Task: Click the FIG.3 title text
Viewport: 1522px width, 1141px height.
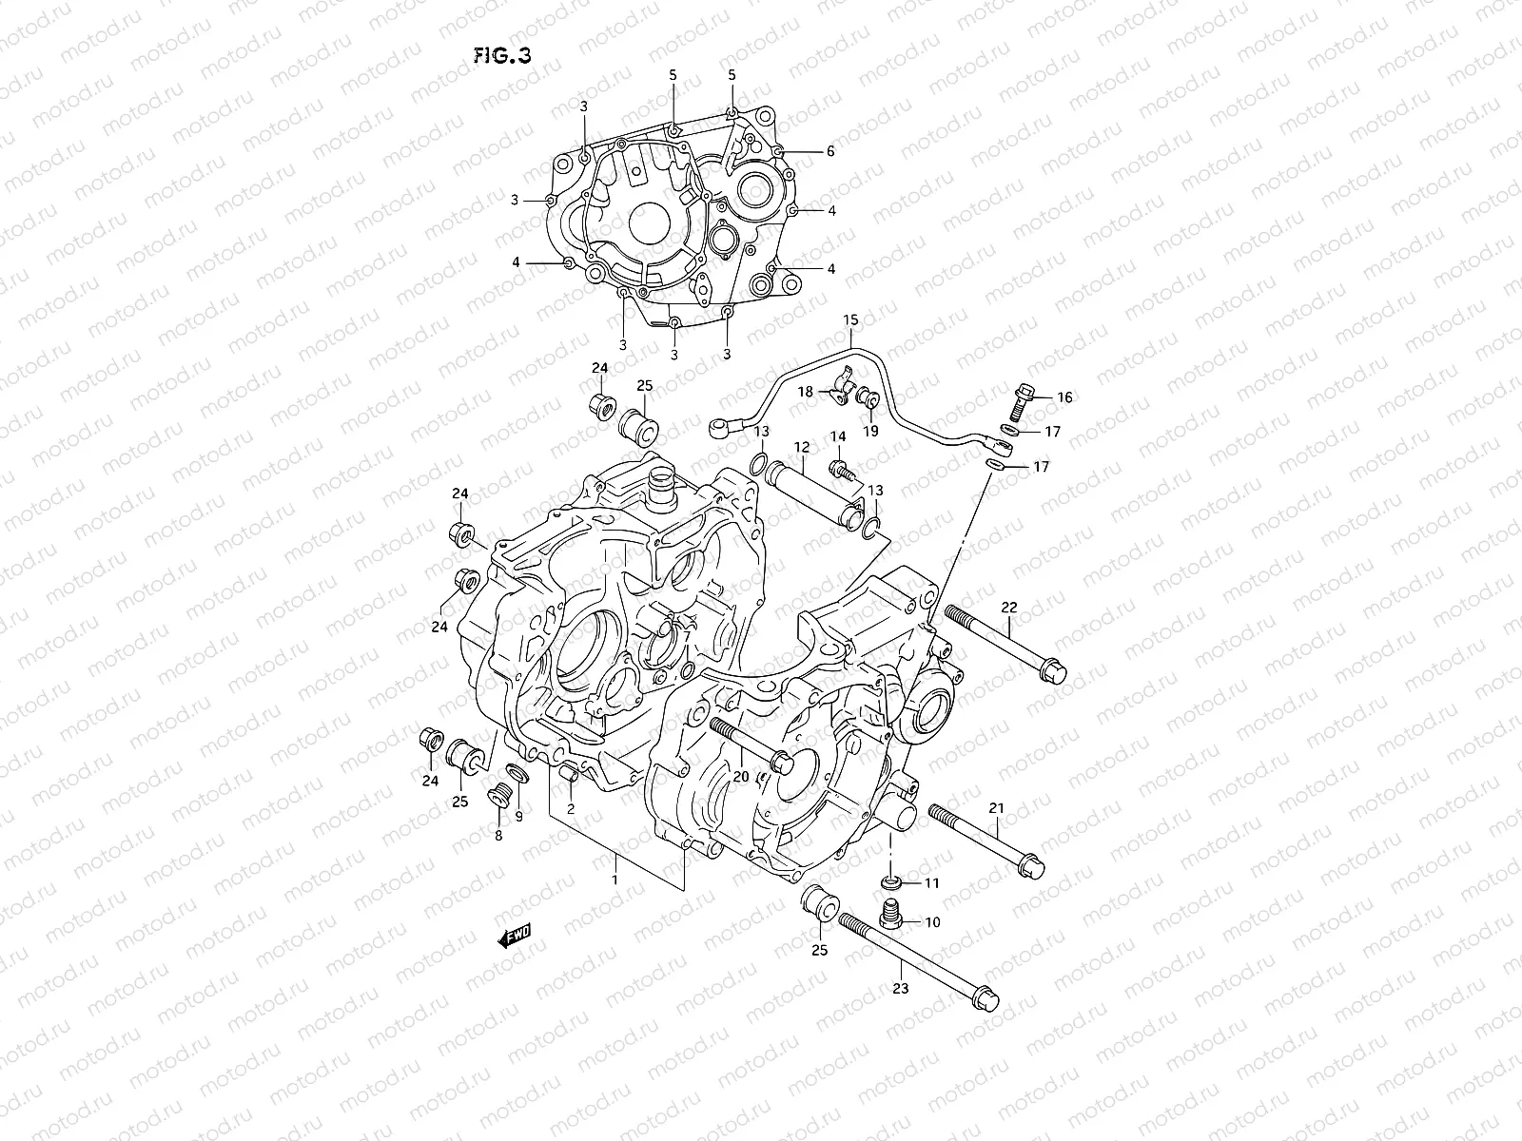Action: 503,55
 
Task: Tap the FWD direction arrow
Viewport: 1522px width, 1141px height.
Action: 514,938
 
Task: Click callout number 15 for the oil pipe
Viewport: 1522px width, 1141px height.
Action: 849,319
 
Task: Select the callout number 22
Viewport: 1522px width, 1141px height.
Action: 1009,608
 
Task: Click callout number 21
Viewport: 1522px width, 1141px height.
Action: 996,808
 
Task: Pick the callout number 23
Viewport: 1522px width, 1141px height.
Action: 901,988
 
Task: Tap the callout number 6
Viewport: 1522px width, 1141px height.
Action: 829,151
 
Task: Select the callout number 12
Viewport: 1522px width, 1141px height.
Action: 802,446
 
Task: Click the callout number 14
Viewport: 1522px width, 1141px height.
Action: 837,436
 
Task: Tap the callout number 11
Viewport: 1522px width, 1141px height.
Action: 931,883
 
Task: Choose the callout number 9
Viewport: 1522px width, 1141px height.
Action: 518,816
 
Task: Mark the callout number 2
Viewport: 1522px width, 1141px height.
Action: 570,809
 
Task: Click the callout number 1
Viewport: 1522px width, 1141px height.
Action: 615,880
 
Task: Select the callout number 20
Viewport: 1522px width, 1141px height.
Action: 740,777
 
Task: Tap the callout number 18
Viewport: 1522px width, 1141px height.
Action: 805,392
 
